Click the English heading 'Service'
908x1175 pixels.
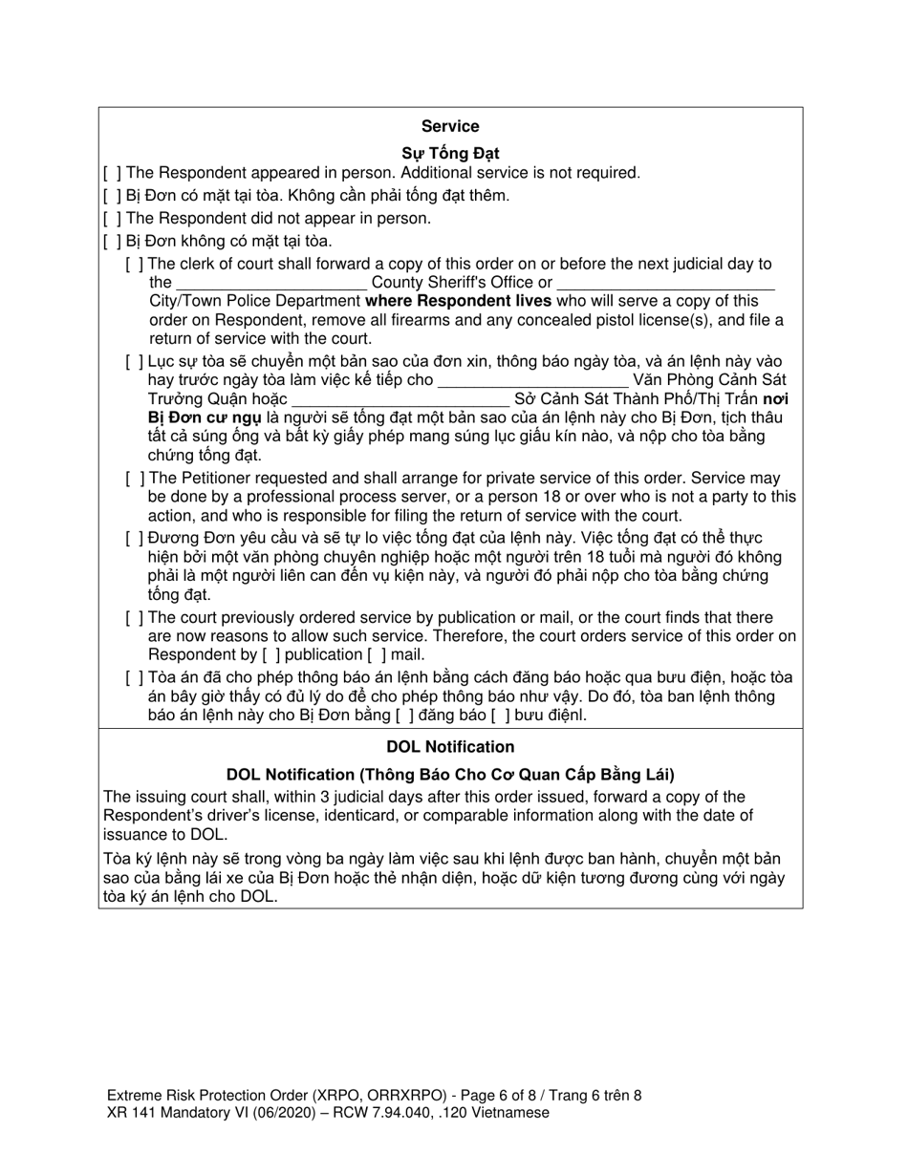coord(449,126)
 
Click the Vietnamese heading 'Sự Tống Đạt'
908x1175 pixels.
coord(449,153)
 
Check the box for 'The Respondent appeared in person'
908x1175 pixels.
coord(112,173)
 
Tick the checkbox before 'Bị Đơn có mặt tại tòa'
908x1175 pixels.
coord(112,196)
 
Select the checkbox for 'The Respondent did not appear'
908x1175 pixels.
coord(112,219)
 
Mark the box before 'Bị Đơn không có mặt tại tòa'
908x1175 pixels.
coord(112,242)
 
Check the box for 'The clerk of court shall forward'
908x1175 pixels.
coord(135,265)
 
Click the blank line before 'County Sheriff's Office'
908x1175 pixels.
coord(271,284)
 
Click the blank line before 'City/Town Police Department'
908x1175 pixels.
coord(665,284)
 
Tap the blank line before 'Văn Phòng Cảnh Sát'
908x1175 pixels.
coord(532,381)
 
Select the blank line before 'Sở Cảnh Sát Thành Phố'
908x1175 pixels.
coord(400,400)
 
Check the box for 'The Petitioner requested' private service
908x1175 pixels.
coord(135,479)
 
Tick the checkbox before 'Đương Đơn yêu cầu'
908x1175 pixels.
coord(135,538)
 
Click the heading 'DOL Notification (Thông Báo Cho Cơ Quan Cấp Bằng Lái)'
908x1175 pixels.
coord(450,775)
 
